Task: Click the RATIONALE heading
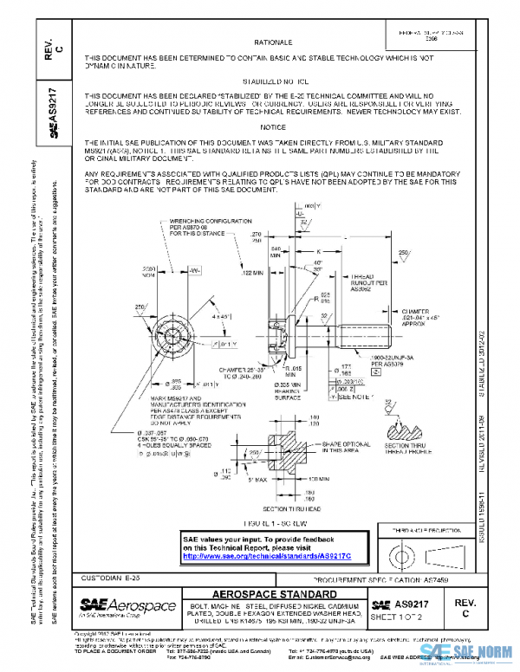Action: click(x=273, y=42)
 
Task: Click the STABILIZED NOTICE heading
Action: click(x=272, y=78)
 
